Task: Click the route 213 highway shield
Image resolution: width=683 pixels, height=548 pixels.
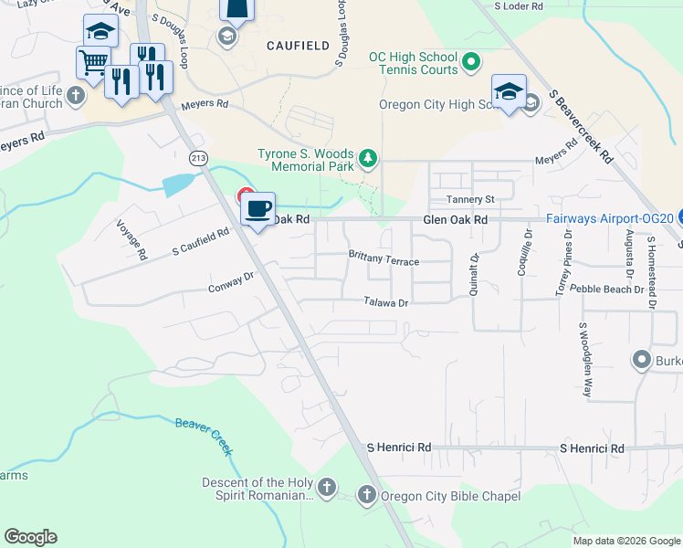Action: [x=198, y=159]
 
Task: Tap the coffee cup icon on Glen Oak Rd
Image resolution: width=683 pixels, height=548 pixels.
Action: [x=257, y=208]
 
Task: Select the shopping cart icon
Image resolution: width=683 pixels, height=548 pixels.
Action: [x=93, y=62]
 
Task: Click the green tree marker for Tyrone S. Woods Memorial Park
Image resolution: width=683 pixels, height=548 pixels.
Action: [x=368, y=159]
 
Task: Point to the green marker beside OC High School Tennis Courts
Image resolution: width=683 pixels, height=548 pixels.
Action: [x=470, y=62]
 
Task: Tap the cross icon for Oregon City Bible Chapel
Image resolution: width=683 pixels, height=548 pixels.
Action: [x=366, y=496]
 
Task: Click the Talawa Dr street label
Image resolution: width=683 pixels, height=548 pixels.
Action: [x=384, y=302]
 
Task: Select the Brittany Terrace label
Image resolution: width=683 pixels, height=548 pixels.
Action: [x=384, y=259]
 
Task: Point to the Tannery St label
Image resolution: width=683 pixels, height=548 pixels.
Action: [x=469, y=199]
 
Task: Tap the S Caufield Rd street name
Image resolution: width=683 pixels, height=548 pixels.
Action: [x=200, y=243]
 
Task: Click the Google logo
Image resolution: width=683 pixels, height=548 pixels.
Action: [x=30, y=537]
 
